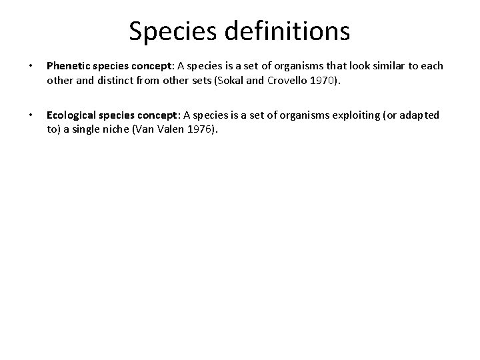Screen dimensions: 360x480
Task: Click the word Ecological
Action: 70,115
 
